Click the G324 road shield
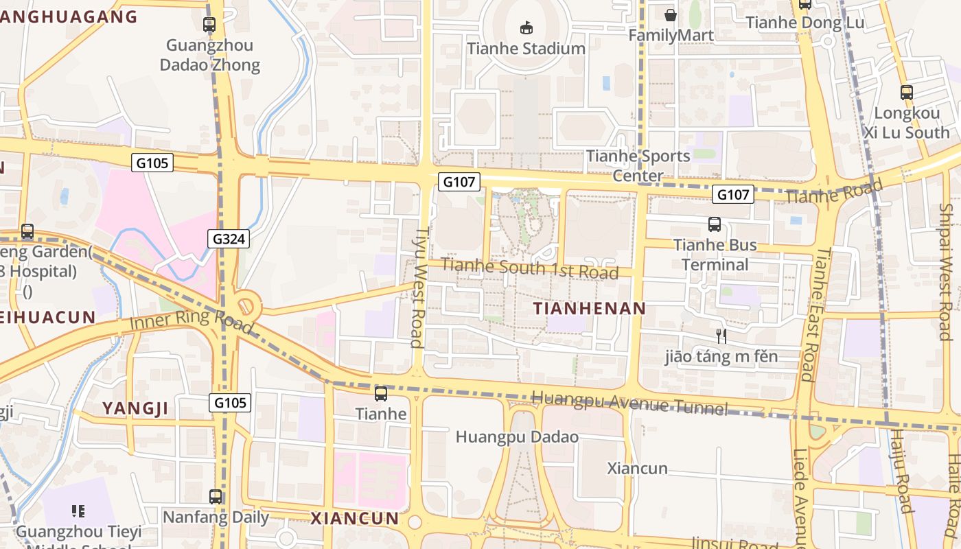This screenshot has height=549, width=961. [229, 239]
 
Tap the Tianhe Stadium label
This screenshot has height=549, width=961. [526, 49]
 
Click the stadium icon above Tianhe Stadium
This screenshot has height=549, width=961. [526, 28]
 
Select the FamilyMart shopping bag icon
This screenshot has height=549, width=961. [671, 14]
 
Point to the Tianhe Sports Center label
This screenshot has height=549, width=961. [638, 165]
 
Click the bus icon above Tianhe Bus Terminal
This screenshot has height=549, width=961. [715, 224]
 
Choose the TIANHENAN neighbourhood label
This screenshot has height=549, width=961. [590, 309]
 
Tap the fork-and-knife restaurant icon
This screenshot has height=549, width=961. [721, 336]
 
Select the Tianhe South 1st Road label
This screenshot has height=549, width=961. [530, 268]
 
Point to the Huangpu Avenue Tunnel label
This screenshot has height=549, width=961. [629, 403]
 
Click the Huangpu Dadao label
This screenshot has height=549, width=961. [517, 437]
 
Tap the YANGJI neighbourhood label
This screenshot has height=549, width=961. [135, 408]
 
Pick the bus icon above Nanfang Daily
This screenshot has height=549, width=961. [216, 496]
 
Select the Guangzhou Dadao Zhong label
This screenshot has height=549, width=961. [210, 56]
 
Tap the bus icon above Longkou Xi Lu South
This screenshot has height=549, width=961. [907, 93]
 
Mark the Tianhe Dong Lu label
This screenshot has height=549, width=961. [804, 23]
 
